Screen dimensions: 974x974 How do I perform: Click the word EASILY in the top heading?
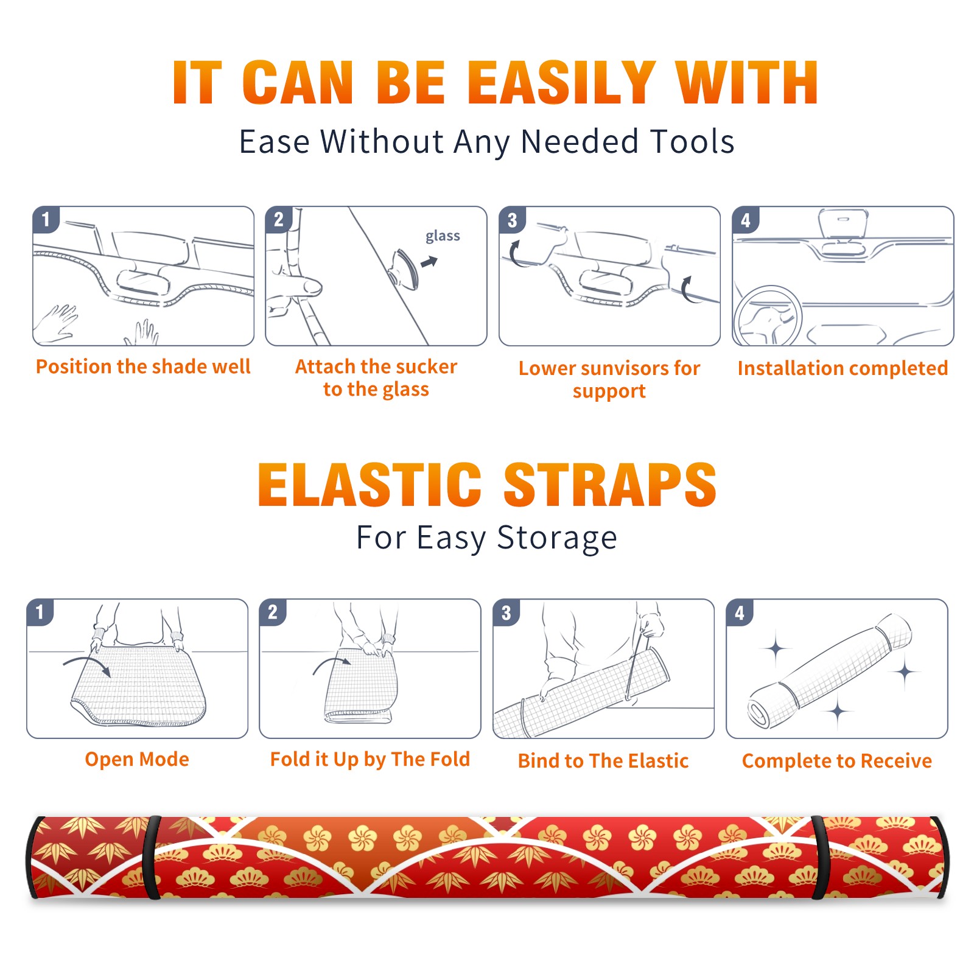point(561,83)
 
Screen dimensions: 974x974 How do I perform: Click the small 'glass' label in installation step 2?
point(443,236)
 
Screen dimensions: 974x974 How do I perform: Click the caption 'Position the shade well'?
point(143,366)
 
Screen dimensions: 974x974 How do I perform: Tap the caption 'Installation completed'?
point(843,368)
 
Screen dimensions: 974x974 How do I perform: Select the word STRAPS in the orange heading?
point(610,485)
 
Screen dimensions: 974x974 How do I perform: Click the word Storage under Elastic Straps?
point(557,538)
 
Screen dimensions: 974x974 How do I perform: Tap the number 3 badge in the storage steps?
point(506,612)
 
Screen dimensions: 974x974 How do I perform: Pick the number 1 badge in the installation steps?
point(46,219)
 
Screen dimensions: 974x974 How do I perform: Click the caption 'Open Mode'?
point(137,759)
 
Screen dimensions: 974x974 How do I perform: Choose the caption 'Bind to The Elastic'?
point(603,761)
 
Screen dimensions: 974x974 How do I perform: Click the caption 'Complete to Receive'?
point(837,761)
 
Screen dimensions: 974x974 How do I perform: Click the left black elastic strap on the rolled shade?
point(152,857)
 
